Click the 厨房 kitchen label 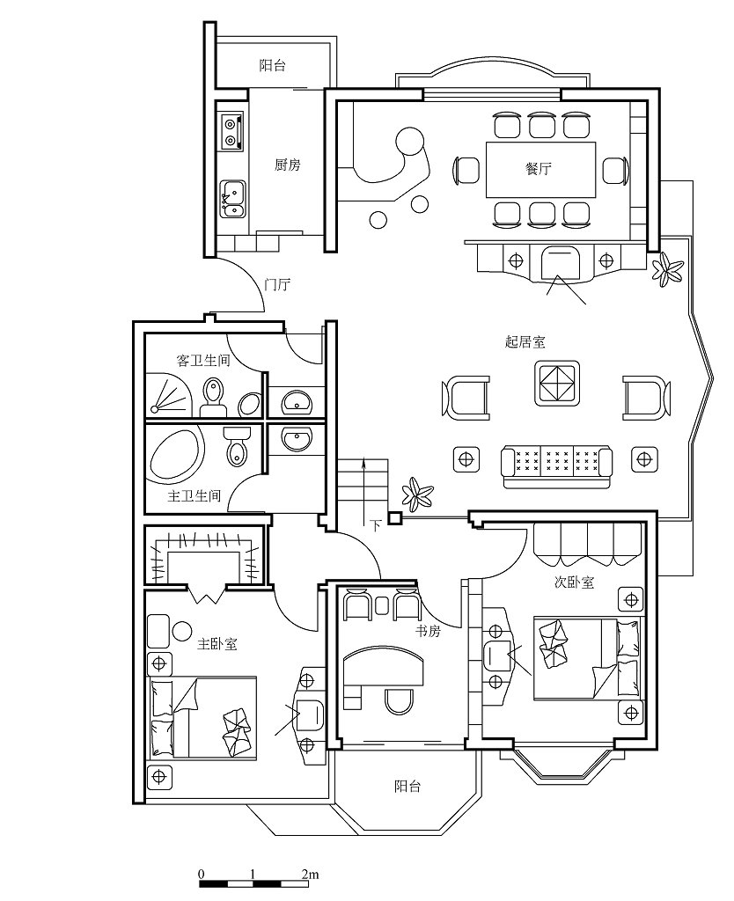287,165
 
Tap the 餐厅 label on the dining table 539,169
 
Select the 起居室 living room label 525,342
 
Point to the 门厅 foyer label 277,284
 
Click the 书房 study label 429,631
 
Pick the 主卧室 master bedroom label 217,643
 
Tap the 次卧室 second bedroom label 574,582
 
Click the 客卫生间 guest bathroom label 203,360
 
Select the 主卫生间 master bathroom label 195,495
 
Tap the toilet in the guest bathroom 213,397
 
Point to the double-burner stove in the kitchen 231,132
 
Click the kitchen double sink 233,199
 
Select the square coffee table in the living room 556,383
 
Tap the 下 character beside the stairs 375,525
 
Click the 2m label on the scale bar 310,875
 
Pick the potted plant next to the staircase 417,494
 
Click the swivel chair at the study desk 399,700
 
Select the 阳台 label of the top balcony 272,65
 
